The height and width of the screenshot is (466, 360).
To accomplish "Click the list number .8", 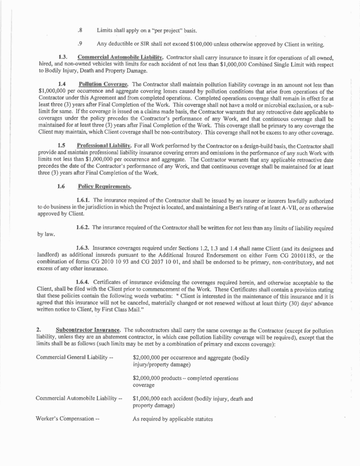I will [x=79, y=30].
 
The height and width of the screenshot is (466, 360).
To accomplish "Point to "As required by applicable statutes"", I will [x=173, y=419].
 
